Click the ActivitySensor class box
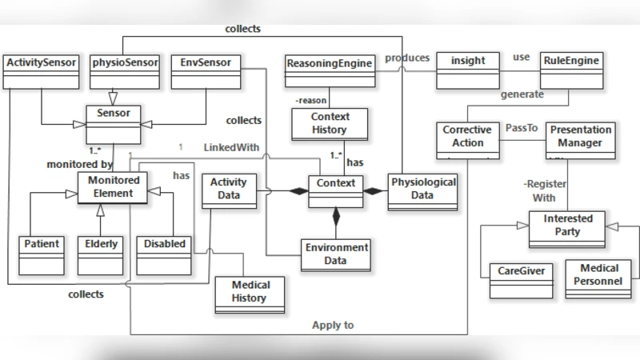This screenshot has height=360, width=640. point(41,70)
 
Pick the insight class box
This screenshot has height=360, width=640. point(468,70)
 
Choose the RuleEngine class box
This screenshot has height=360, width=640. point(571,70)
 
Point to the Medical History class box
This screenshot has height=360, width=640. point(251,293)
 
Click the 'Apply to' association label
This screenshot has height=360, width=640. point(333,326)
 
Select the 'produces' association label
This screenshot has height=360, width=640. point(406,58)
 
